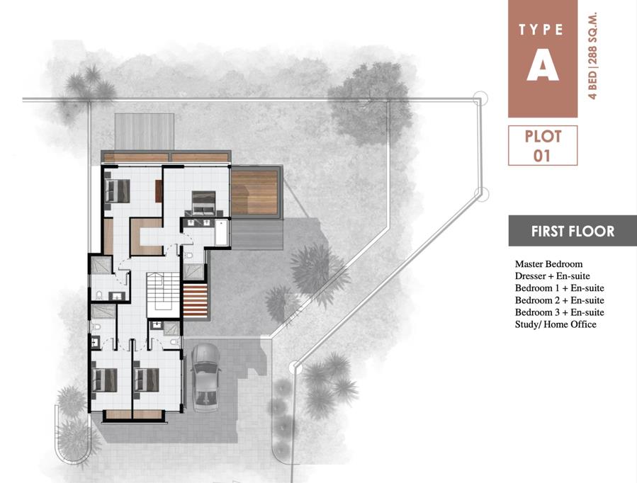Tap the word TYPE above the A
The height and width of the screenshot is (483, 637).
point(541,30)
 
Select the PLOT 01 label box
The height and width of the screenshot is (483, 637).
point(543,145)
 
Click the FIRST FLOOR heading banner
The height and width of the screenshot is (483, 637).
point(573,231)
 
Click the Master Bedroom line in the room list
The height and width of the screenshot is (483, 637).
point(548,264)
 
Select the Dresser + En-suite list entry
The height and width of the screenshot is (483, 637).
point(552,276)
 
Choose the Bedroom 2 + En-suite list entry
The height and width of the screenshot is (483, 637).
point(559,300)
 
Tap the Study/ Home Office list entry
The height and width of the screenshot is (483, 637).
point(556,324)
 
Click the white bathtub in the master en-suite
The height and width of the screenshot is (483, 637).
point(220,232)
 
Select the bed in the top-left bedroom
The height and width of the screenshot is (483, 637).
point(118,191)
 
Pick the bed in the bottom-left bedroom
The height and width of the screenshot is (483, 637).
point(105,380)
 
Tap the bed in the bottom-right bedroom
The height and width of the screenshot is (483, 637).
point(147,380)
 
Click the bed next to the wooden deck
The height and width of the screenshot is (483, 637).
point(203,203)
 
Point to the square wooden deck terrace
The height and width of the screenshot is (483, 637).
point(254,193)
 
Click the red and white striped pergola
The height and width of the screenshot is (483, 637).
point(196,301)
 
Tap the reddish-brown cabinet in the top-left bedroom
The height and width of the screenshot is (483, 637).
point(159,191)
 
